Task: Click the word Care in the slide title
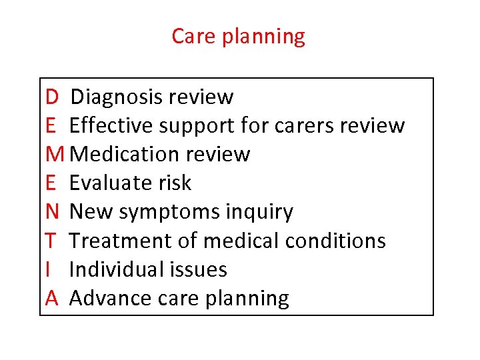193,36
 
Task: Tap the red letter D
52,97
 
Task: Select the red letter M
56,155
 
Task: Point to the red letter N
53,212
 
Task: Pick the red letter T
51,241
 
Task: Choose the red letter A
53,298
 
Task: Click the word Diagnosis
117,97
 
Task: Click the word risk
177,183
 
